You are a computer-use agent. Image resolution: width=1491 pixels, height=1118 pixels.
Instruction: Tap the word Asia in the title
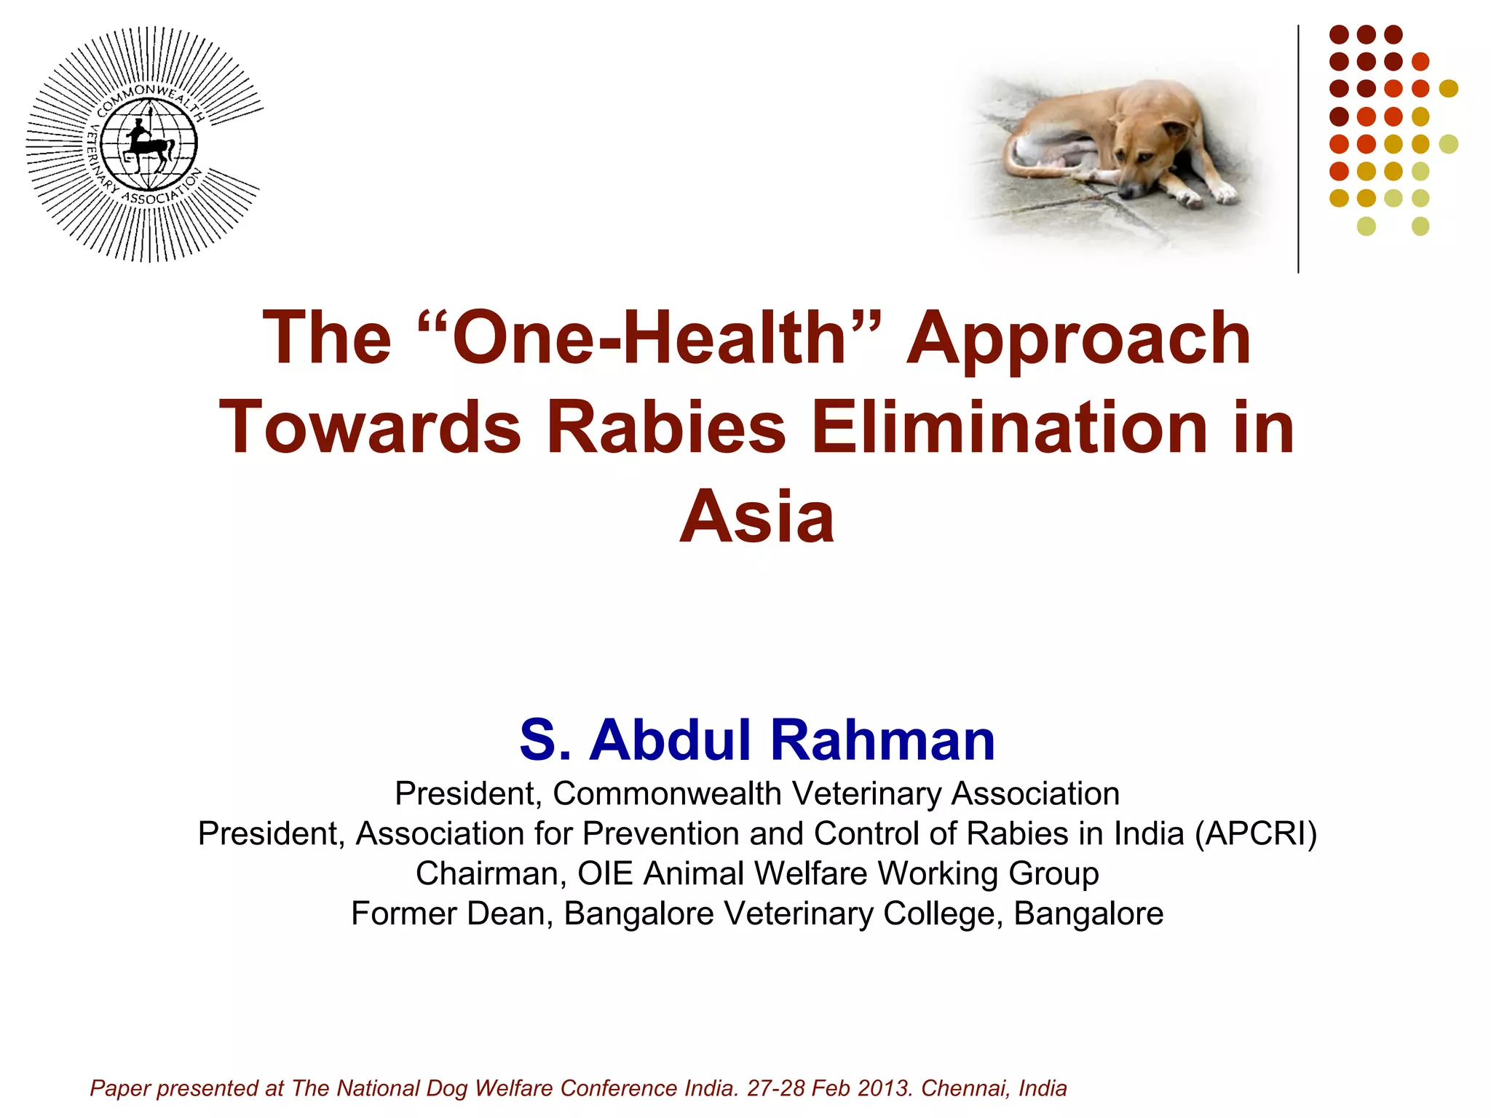tap(756, 516)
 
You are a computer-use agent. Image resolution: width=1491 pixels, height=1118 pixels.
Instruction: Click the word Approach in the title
tap(1078, 339)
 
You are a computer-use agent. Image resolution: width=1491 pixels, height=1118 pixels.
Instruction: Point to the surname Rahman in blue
tap(882, 740)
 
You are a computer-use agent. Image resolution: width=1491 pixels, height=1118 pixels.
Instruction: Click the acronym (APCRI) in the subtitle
tap(1256, 834)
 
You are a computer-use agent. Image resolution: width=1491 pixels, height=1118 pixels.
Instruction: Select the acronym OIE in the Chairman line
tap(605, 874)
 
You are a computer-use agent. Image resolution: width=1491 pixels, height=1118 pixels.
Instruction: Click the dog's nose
tap(1126, 191)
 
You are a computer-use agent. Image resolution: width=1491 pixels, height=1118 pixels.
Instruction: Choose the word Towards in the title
tap(371, 427)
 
